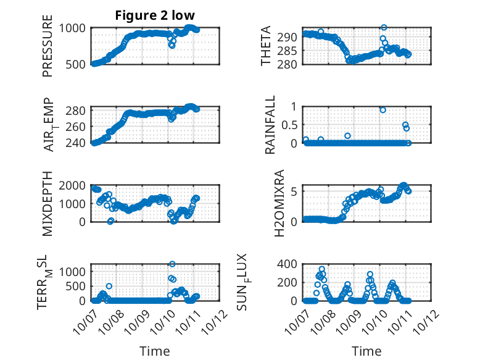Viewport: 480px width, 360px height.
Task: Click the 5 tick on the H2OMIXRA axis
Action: (294, 191)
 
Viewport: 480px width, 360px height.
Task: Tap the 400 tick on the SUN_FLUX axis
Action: (288, 264)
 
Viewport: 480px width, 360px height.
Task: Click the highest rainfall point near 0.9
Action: (383, 110)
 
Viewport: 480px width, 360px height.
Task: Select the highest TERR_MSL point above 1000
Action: (172, 264)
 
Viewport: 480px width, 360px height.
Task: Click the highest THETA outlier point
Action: (384, 28)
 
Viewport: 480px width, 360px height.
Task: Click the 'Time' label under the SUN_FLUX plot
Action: (366, 351)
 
